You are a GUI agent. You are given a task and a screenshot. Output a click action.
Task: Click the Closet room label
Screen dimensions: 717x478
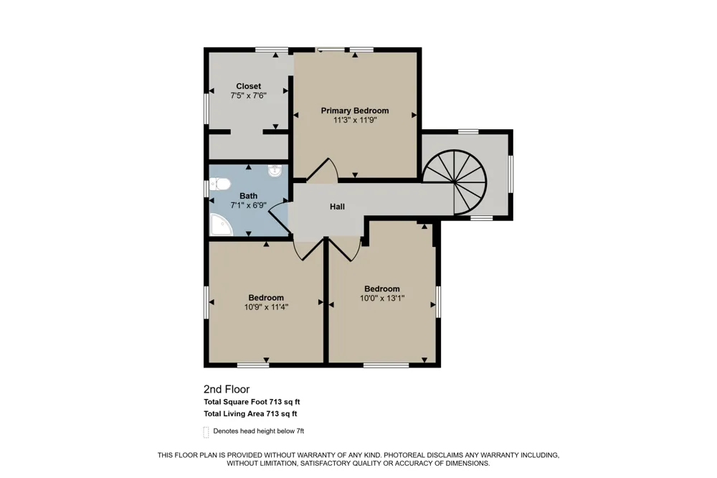coord(248,86)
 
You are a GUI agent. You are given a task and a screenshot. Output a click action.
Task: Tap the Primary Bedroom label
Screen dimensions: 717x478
coord(355,111)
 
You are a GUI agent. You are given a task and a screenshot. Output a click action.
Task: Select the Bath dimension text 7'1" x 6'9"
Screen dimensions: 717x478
coord(248,205)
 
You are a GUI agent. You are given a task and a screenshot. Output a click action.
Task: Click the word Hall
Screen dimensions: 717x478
coord(338,207)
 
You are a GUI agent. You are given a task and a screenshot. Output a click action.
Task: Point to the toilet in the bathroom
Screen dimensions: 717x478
coord(219,185)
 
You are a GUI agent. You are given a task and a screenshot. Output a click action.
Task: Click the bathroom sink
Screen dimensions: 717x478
coord(275,172)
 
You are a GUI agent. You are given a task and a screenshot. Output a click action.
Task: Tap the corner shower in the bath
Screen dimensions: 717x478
coord(221,225)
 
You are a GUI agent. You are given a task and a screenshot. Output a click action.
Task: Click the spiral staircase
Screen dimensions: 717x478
coord(455,183)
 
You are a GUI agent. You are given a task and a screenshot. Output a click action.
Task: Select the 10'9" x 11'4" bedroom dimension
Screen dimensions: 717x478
coord(266,307)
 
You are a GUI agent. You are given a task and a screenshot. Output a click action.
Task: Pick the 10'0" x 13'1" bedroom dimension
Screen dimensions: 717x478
coord(382,299)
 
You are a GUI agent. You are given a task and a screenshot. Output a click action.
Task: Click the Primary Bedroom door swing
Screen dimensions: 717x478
coord(323,169)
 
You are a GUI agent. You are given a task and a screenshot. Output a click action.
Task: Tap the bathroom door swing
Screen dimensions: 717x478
coord(279,217)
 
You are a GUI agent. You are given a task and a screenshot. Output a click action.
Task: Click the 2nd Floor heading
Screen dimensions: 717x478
coord(227,389)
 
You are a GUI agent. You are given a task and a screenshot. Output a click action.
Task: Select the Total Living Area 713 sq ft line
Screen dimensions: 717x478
coord(250,414)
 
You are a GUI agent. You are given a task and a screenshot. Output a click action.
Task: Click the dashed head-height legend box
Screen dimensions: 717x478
coord(206,432)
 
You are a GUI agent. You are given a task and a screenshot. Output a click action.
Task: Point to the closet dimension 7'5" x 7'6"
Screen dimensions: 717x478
coord(248,95)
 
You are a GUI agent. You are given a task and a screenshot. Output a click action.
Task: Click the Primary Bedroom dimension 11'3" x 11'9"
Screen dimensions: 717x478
coord(355,120)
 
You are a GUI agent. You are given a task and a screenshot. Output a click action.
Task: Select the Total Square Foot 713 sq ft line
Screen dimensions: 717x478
coord(252,402)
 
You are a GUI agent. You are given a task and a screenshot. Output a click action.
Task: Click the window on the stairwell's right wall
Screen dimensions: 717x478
coord(511,174)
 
